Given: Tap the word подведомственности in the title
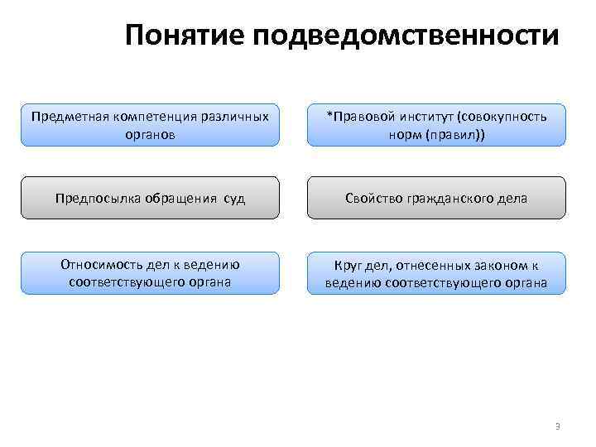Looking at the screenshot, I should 408,36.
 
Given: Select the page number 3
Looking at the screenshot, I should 557,426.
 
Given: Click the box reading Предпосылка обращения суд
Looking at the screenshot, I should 149,198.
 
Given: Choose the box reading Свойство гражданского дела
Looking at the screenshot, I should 437,198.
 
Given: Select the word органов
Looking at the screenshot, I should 150,132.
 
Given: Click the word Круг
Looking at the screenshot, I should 348,266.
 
